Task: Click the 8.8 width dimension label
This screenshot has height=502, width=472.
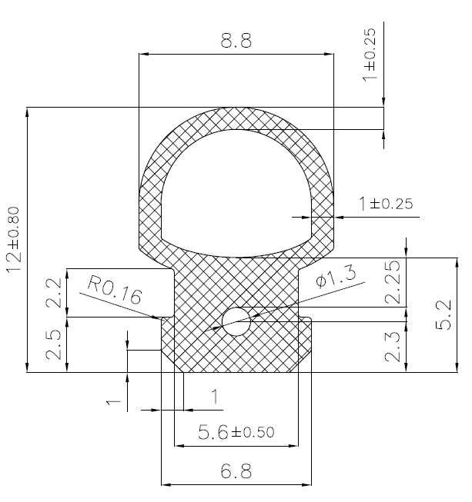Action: click(236, 42)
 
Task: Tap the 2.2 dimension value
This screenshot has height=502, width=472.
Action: click(54, 292)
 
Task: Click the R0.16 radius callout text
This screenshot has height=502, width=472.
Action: click(114, 292)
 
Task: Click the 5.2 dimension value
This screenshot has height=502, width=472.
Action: click(445, 315)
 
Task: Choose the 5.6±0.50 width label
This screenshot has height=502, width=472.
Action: click(236, 433)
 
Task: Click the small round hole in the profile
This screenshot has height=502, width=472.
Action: click(236, 322)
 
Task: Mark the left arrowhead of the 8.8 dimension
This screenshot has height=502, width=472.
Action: click(143, 54)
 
